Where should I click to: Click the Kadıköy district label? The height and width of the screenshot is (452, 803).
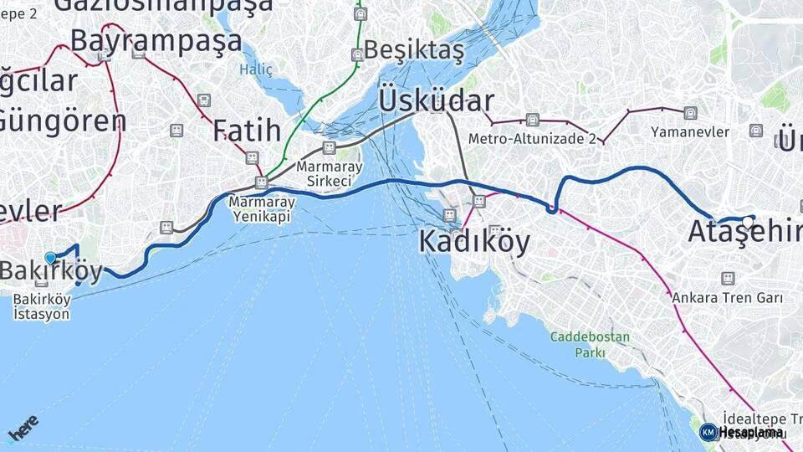[x=474, y=242]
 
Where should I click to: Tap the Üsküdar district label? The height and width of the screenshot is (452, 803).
[x=436, y=101]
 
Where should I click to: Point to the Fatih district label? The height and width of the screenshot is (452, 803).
[x=246, y=131]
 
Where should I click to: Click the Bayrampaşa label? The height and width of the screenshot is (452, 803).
[x=156, y=40]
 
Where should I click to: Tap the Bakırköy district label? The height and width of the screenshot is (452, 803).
[x=52, y=271]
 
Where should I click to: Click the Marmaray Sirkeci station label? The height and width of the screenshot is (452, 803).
[x=330, y=174]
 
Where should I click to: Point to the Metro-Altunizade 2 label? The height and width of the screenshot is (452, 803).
[x=532, y=139]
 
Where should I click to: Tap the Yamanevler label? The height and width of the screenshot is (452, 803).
[x=690, y=132]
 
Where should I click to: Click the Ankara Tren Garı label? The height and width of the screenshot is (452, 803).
[x=727, y=298]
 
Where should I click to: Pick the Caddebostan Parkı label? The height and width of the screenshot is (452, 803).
[x=577, y=345]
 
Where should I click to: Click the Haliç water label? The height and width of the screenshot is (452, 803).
[x=256, y=69]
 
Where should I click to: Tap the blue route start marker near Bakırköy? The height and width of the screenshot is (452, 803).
[x=51, y=259]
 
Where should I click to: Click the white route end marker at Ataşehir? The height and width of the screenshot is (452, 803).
[x=748, y=222]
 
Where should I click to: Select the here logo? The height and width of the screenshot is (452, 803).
[x=23, y=429]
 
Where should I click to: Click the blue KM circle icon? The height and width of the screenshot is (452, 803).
[x=708, y=432]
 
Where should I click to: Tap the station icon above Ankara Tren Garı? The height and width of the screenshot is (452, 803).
[x=727, y=278]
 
